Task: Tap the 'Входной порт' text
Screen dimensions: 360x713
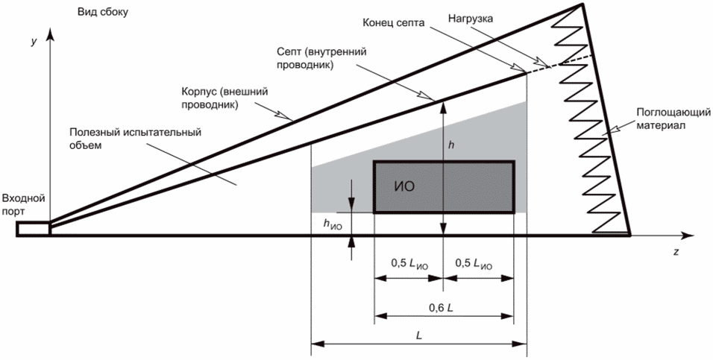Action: pyautogui.click(x=25, y=204)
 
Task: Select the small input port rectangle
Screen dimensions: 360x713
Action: pyautogui.click(x=34, y=228)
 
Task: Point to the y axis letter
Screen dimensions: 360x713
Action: pyautogui.click(x=34, y=42)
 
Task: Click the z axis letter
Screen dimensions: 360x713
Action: pyautogui.click(x=675, y=252)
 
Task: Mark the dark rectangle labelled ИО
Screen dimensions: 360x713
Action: pyautogui.click(x=444, y=187)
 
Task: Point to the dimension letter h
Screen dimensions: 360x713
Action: pyautogui.click(x=451, y=145)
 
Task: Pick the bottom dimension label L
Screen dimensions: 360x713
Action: pyautogui.click(x=420, y=335)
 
